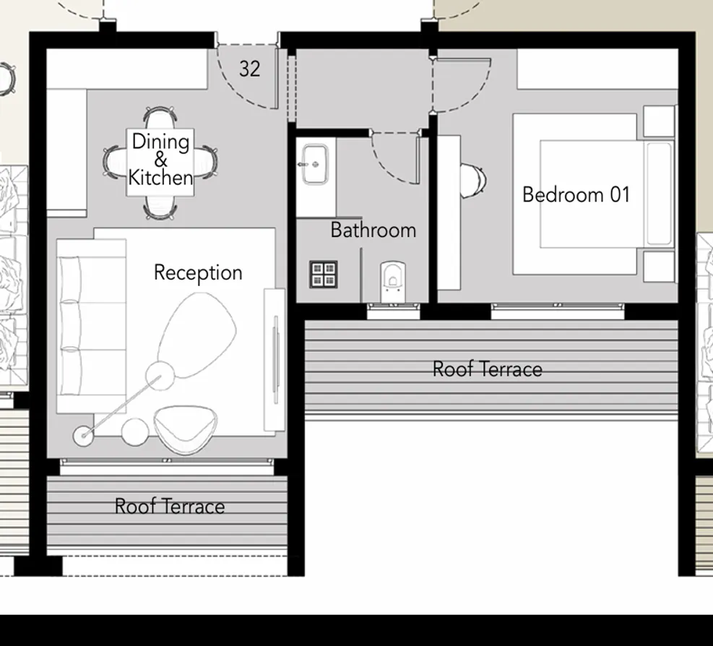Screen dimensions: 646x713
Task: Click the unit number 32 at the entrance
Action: point(249,69)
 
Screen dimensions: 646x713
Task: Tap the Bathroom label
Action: point(373,231)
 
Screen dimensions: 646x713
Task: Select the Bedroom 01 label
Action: point(576,195)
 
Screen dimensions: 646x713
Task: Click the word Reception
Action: point(198,273)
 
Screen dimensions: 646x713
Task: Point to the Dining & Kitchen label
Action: point(160,160)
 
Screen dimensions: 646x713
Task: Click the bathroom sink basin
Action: point(315,163)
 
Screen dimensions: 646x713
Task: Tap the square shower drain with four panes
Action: point(324,274)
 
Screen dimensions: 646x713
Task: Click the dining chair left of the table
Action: point(115,161)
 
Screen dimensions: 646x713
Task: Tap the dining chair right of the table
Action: point(208,161)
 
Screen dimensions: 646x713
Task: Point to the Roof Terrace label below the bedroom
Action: point(487,369)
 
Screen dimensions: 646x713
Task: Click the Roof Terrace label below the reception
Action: point(170,507)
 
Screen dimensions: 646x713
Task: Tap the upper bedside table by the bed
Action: point(658,122)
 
